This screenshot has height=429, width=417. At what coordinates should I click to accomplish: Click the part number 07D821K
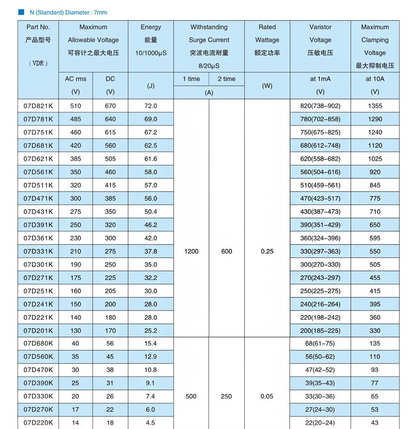[x=39, y=106]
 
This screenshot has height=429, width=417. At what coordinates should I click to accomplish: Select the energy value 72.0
[x=150, y=106]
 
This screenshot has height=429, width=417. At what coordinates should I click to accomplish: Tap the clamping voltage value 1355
[x=375, y=106]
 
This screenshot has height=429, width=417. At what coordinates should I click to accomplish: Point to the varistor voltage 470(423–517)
[x=320, y=199]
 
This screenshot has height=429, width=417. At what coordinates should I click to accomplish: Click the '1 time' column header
[x=191, y=79]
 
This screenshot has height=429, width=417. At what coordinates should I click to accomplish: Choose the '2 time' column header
[x=226, y=79]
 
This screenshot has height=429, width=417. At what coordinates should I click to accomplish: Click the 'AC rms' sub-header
[x=75, y=79]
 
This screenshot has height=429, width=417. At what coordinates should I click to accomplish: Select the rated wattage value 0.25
[x=267, y=251]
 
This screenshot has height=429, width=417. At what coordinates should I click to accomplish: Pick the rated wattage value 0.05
[x=267, y=396]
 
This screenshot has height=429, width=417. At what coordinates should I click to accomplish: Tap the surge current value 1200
[x=191, y=251]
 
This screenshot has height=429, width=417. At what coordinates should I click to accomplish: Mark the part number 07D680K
[x=39, y=343]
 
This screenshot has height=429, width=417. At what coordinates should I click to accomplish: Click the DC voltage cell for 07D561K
[x=110, y=172]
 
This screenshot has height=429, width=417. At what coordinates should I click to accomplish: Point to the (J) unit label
[x=150, y=86]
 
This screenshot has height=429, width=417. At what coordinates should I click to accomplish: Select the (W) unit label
[x=267, y=86]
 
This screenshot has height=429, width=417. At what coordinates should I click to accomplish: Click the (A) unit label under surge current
[x=209, y=92]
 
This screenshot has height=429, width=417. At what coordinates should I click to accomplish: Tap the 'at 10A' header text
[x=375, y=79]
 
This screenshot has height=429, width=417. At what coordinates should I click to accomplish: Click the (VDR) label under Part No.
[x=38, y=63]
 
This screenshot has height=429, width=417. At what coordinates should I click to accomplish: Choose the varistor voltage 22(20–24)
[x=320, y=423]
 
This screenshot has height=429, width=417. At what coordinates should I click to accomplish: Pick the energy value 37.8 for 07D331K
[x=150, y=251]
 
